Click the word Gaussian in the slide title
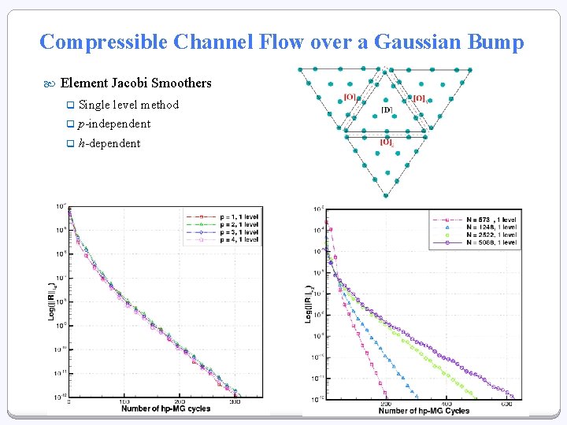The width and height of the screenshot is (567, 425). point(406,42)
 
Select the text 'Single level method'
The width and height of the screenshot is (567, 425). point(128,105)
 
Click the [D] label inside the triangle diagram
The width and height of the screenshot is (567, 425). point(387,110)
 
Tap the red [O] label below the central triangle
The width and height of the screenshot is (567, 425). point(387,142)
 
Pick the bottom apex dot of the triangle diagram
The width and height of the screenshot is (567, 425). point(386,194)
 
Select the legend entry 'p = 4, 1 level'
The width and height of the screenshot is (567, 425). point(235,239)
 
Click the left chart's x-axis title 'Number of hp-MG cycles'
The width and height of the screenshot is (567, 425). point(166,408)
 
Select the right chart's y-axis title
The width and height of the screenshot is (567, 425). point(309,304)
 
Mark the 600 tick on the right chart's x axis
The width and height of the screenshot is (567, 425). point(506,404)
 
